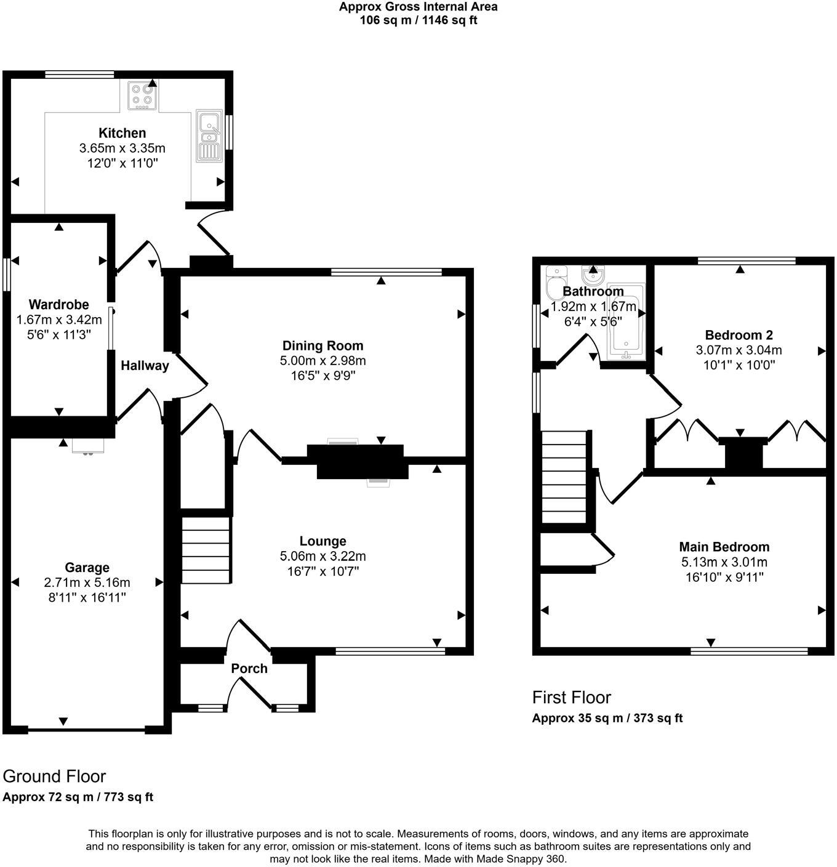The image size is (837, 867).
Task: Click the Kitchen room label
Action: pyautogui.click(x=122, y=133)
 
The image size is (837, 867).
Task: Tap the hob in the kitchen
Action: pyautogui.click(x=142, y=95)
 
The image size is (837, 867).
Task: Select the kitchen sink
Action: pyautogui.click(x=209, y=135)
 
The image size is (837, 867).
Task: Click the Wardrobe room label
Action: pyautogui.click(x=58, y=304)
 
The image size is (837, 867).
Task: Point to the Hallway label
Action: pyautogui.click(x=145, y=366)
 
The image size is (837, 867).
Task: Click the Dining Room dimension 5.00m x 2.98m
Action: pyautogui.click(x=322, y=361)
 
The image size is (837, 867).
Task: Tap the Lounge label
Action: pyautogui.click(x=322, y=541)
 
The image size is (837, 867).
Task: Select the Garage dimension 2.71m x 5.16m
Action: pyautogui.click(x=87, y=583)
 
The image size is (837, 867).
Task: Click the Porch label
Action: pyautogui.click(x=249, y=669)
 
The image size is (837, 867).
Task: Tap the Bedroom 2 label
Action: pyautogui.click(x=739, y=336)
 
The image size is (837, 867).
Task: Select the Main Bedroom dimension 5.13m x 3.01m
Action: pyautogui.click(x=724, y=562)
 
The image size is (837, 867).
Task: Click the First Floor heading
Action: pyautogui.click(x=571, y=698)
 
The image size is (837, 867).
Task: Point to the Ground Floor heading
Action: pyautogui.click(x=54, y=776)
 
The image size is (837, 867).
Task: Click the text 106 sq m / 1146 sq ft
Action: pyautogui.click(x=418, y=20)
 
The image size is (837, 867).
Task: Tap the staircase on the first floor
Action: pyautogui.click(x=564, y=477)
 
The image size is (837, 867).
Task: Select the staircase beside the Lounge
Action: pyautogui.click(x=206, y=550)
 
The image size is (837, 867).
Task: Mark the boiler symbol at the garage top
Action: pyautogui.click(x=88, y=445)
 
